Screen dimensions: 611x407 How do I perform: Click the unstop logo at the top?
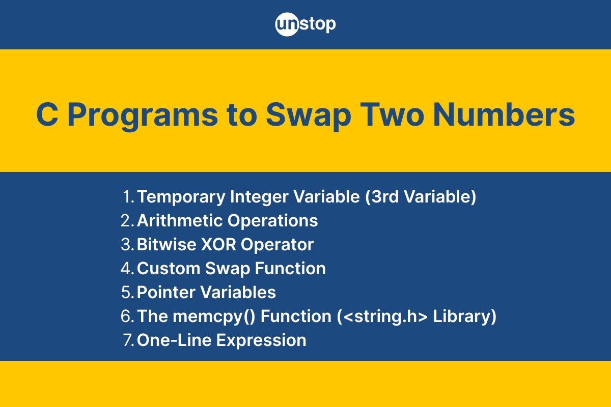click(305, 24)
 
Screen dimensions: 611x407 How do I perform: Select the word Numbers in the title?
click(504, 114)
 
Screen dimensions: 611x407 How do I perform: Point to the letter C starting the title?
click(47, 114)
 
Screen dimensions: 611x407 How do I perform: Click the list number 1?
click(128, 196)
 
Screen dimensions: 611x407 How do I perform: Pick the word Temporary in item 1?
click(181, 197)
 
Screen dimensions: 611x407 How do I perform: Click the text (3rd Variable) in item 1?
click(421, 196)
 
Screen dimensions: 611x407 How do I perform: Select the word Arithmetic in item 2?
click(179, 220)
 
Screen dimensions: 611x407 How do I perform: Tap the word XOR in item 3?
click(218, 244)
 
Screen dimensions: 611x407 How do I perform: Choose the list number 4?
click(127, 268)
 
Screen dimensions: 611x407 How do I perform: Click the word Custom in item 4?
click(169, 268)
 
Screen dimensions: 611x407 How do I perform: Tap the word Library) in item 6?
click(464, 317)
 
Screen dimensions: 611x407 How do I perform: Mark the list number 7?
click(128, 340)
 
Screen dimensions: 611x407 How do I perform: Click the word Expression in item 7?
click(261, 341)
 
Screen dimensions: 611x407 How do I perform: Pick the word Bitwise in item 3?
click(166, 244)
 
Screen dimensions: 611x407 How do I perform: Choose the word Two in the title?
click(392, 114)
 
